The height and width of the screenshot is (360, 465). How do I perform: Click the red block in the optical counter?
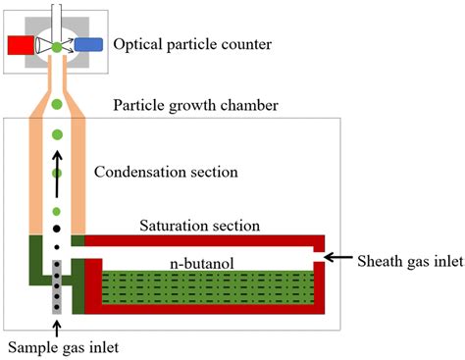pyautogui.click(x=19, y=45)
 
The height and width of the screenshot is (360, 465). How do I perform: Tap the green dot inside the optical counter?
pyautogui.click(x=56, y=45)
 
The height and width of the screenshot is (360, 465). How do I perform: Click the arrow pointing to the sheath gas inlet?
pyautogui.click(x=339, y=258)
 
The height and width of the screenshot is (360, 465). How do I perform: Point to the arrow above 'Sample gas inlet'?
pyautogui.click(x=56, y=323)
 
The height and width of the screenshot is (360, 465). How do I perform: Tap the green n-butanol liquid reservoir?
pyautogui.click(x=206, y=288)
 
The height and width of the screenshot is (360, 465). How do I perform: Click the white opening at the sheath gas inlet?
pyautogui.click(x=320, y=258)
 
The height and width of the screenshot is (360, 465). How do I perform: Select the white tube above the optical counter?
pyautogui.click(x=56, y=14)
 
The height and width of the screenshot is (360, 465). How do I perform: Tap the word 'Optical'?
pyautogui.click(x=137, y=45)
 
